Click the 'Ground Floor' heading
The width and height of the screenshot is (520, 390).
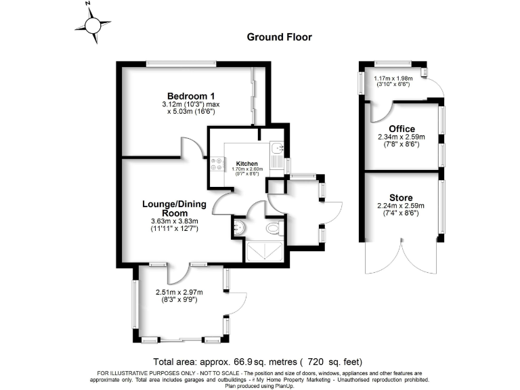279,37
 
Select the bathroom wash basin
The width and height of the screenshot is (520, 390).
238,228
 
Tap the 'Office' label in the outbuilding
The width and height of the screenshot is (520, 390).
402,129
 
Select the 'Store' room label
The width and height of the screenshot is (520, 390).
401,198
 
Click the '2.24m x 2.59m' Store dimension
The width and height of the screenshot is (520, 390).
401,206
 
